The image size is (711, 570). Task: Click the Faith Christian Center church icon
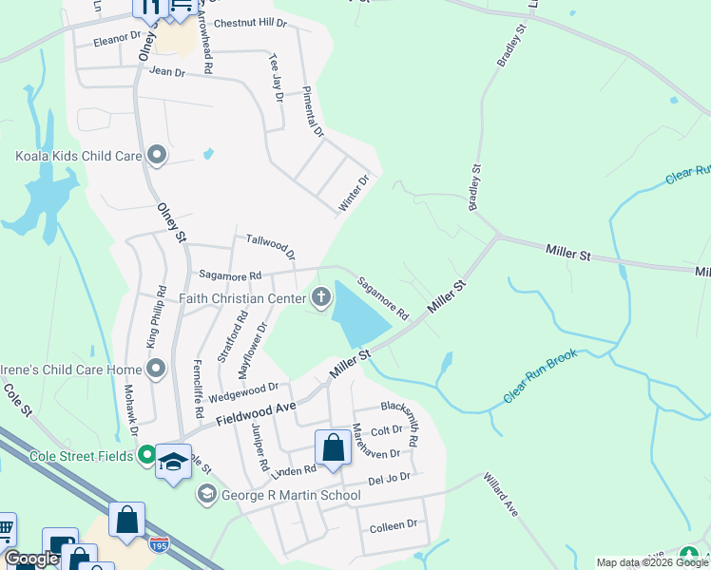[321, 298]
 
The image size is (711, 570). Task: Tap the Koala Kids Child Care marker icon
[157, 155]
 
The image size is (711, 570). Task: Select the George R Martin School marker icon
[206, 494]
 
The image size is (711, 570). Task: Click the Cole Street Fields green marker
[146, 456]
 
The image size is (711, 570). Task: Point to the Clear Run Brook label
[540, 376]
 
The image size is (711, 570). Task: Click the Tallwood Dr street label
[271, 247]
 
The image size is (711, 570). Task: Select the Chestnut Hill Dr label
[250, 22]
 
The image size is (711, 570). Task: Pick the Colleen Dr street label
[393, 524]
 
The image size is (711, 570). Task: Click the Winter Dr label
[354, 193]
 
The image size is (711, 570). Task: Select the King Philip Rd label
[156, 316]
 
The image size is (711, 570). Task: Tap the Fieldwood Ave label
[256, 413]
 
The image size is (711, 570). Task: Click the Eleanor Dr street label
[116, 42]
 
